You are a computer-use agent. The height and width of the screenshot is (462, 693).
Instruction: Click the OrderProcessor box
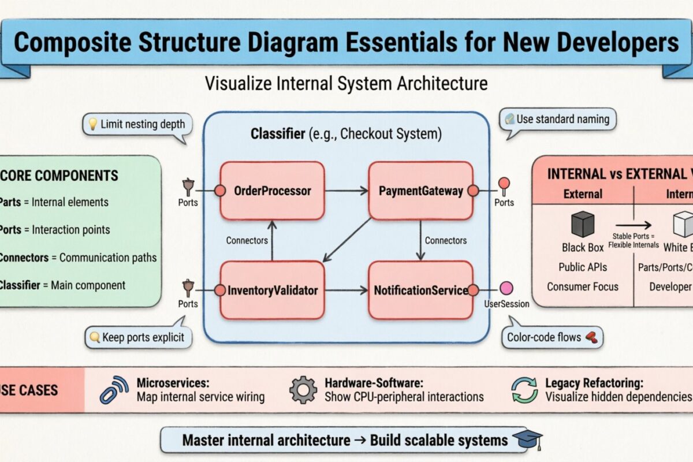(x=272, y=191)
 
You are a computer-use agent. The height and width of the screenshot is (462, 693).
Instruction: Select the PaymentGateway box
(x=421, y=191)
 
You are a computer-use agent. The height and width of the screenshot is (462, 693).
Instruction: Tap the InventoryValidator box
(x=272, y=290)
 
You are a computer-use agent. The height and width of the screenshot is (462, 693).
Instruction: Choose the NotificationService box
(x=421, y=290)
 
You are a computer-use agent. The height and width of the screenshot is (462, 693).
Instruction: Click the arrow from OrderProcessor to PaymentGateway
(x=346, y=191)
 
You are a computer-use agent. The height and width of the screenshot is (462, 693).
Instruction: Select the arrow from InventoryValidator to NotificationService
(x=346, y=290)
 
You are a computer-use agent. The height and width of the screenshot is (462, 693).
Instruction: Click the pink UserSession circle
(x=506, y=288)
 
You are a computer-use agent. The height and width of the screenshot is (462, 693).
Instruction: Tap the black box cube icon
(x=582, y=224)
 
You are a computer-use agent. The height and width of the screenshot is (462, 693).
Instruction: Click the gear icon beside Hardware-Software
(x=303, y=390)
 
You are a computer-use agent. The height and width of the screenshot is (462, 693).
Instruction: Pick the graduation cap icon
(x=528, y=439)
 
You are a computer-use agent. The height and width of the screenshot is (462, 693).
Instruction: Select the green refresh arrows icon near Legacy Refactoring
(x=524, y=390)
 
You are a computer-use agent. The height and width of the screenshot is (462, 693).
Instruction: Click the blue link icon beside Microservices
(x=114, y=390)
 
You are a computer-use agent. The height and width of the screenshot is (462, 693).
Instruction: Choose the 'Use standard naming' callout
(x=557, y=120)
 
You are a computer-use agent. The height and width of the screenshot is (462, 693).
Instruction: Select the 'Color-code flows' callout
(x=552, y=337)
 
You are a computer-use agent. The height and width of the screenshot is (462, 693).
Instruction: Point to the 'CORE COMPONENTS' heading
(x=64, y=176)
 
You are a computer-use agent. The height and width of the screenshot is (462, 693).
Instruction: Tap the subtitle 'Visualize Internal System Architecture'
(x=346, y=83)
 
